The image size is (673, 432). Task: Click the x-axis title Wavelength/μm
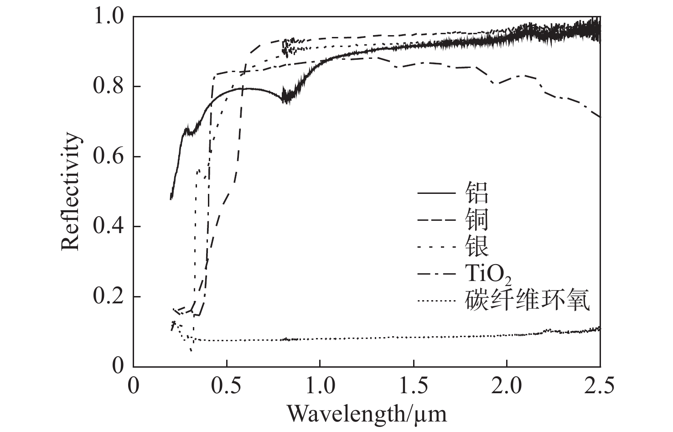(x=367, y=413)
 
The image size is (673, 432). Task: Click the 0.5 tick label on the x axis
(x=227, y=386)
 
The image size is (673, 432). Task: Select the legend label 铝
(x=477, y=193)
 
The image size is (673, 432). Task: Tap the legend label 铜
(x=477, y=220)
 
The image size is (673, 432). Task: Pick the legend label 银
(x=477, y=246)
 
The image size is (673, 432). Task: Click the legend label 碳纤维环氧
(x=528, y=301)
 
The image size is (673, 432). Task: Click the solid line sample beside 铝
(x=436, y=194)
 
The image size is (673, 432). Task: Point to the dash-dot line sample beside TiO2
(x=436, y=274)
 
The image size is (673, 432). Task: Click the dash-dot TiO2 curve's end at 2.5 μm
(x=600, y=117)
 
